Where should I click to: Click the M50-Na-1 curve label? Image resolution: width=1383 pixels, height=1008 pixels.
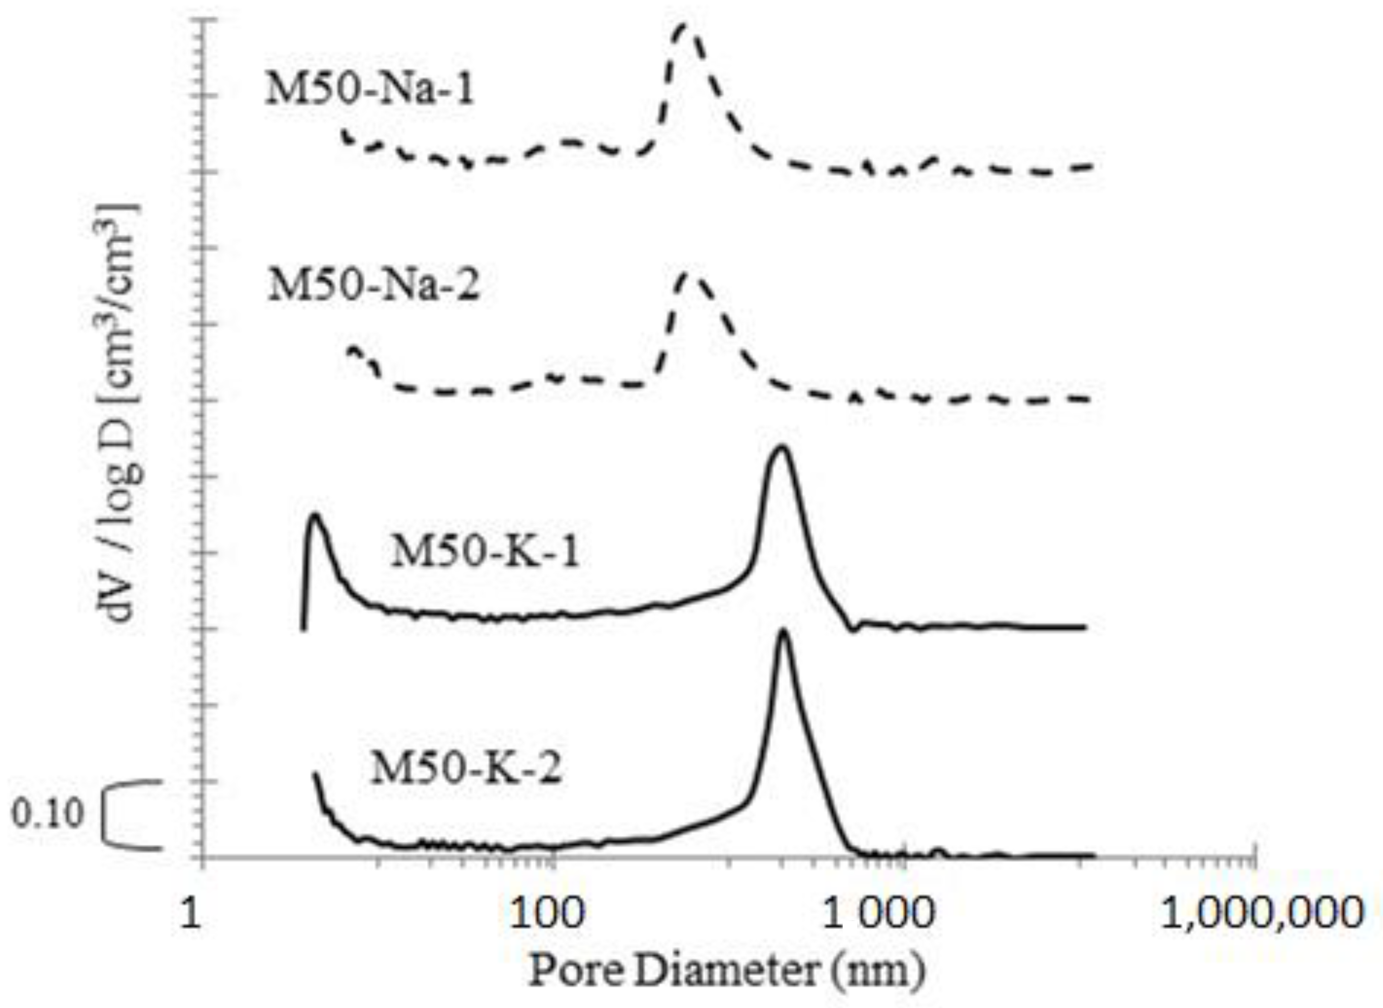370,91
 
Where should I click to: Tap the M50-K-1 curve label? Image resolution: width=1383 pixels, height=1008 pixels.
484,552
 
